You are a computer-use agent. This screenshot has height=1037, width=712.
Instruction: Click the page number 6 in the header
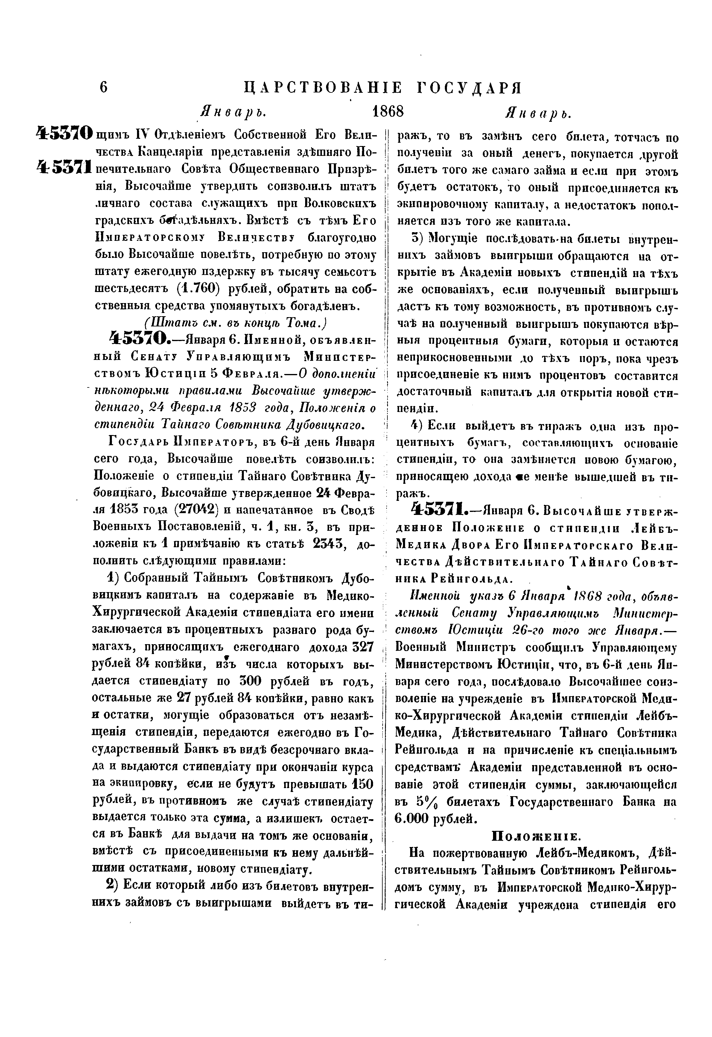pos(104,87)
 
